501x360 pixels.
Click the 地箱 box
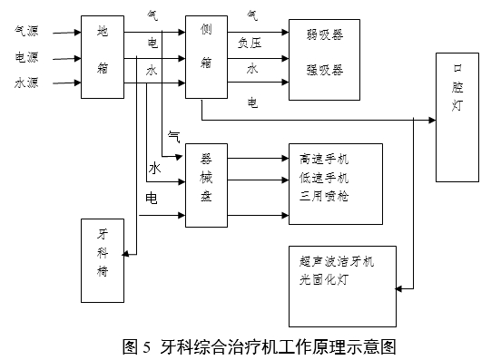point(101,57)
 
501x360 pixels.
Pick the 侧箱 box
point(205,57)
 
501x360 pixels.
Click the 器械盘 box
point(205,182)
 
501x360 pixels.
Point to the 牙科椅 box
point(101,261)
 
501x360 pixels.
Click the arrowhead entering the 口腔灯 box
point(430,119)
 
